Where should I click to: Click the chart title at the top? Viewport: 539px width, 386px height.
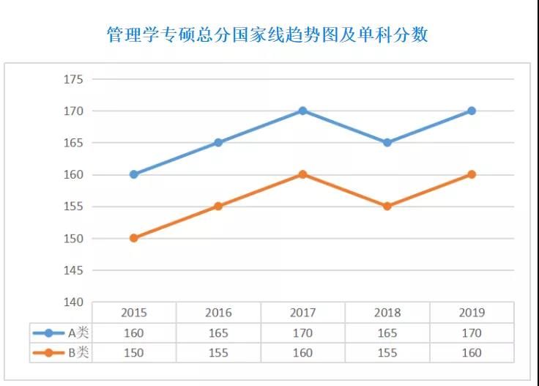coord(267,34)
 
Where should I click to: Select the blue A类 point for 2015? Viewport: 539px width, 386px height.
coord(133,174)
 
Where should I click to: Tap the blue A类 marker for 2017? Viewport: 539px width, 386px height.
coord(302,111)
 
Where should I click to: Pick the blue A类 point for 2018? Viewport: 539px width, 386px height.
coord(387,143)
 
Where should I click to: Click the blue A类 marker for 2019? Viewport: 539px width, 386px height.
coord(472,111)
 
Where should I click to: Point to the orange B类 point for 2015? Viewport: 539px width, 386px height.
coord(133,238)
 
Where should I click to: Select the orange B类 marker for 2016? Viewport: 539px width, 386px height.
coord(218,207)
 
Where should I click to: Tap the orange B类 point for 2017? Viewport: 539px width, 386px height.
coord(302,174)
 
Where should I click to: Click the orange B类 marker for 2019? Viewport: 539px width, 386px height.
coord(472,174)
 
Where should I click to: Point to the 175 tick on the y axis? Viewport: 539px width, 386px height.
coord(74,79)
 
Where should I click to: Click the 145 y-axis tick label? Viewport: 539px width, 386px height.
coord(74,270)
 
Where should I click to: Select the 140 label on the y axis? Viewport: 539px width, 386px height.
coord(74,302)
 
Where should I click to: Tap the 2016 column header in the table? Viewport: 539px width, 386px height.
coord(218,313)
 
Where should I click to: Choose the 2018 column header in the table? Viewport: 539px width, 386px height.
coord(387,313)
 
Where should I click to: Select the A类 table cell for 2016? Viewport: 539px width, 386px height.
coord(218,333)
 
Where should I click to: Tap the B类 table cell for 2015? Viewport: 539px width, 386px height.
coord(133,352)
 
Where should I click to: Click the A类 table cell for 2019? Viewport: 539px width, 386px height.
coord(472,333)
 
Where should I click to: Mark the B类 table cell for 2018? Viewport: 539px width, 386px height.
coord(387,352)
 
